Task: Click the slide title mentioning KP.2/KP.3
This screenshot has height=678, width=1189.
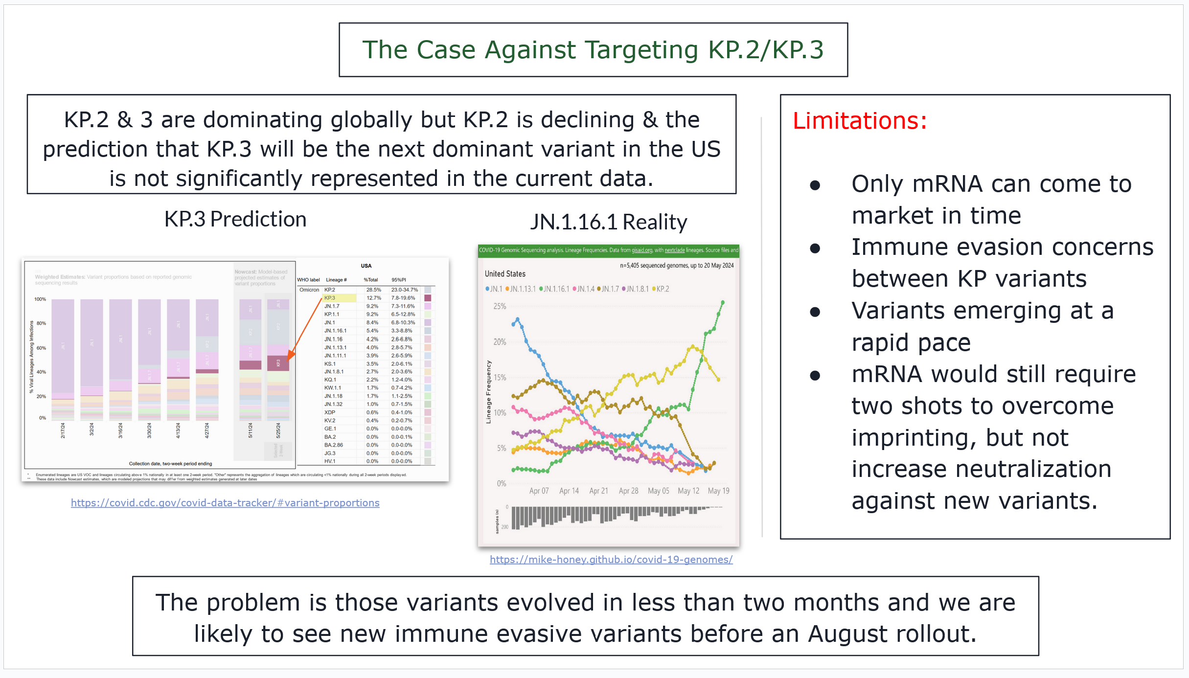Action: (x=593, y=50)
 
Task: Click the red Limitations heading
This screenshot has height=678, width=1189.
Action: (x=860, y=121)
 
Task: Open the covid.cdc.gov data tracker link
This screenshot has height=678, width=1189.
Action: (x=225, y=503)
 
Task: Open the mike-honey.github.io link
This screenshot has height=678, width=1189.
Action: (x=611, y=560)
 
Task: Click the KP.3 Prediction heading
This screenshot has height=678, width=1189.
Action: (x=235, y=219)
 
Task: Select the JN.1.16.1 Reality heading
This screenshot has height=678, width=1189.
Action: (x=609, y=222)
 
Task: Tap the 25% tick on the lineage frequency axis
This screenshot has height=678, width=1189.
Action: (x=500, y=306)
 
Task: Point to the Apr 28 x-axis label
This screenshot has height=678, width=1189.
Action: (x=628, y=491)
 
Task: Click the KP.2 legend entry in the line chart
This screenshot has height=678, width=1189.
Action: (x=662, y=289)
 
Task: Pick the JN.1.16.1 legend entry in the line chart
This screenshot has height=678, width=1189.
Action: (x=556, y=289)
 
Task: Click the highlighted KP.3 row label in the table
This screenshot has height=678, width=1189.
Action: (x=330, y=298)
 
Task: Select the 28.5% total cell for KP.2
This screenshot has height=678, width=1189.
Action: (x=373, y=290)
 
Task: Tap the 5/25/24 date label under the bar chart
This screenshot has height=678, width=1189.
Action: (x=278, y=430)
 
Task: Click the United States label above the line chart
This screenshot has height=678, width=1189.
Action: (x=505, y=274)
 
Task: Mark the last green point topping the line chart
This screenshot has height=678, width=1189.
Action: (x=723, y=302)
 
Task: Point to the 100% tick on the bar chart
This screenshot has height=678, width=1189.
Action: (x=40, y=299)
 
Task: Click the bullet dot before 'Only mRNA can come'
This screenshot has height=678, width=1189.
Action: (x=815, y=185)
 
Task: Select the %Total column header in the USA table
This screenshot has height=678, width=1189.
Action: (x=371, y=280)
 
